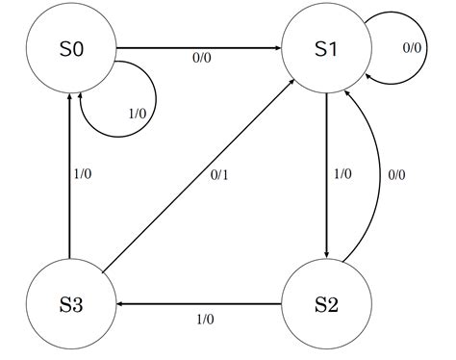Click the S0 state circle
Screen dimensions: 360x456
point(70,48)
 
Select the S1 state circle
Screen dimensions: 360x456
point(327,48)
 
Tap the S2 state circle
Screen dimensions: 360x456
point(327,305)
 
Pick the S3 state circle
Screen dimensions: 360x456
point(70,305)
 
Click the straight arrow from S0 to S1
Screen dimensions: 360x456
point(198,47)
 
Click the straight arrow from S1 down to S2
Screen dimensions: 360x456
point(327,173)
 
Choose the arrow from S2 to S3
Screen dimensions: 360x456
point(198,305)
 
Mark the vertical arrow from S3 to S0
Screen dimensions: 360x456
point(70,173)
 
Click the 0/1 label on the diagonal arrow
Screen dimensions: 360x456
point(221,176)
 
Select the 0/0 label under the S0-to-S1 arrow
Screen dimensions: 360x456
point(200,59)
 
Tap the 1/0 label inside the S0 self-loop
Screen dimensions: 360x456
point(137,114)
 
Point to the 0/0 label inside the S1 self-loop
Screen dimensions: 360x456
point(412,47)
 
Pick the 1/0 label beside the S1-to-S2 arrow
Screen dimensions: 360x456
point(342,174)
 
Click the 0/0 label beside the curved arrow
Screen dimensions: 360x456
point(396,174)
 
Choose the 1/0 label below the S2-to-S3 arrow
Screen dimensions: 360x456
point(204,320)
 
